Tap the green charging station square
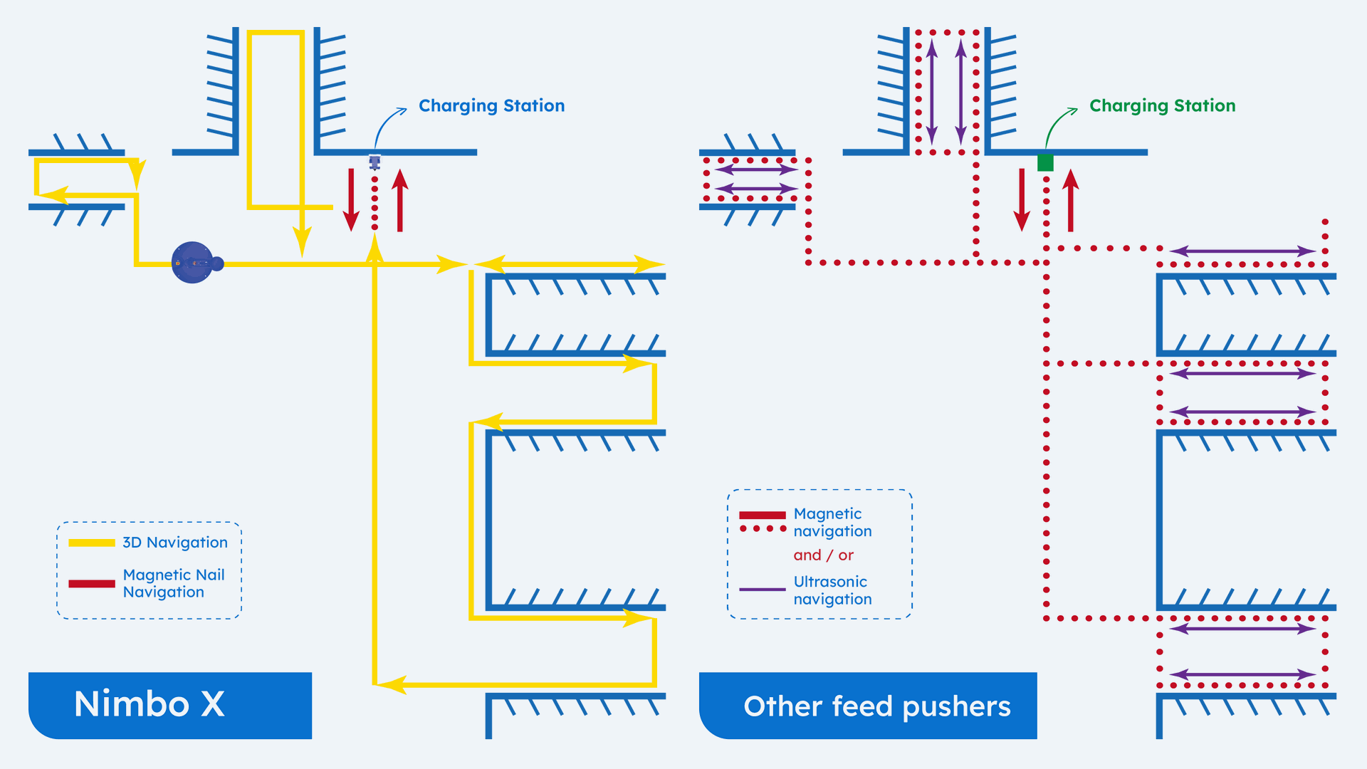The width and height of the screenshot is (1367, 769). [1045, 162]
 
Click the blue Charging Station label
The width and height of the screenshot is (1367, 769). [491, 105]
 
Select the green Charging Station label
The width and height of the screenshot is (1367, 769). [1162, 105]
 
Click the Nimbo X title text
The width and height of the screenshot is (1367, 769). [150, 704]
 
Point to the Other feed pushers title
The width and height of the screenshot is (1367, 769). [876, 706]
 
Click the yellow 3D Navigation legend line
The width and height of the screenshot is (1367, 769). [92, 543]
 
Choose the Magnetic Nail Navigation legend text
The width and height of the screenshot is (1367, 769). [174, 583]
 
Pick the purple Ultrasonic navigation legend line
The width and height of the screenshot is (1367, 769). [762, 590]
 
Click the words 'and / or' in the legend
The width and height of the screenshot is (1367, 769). [823, 555]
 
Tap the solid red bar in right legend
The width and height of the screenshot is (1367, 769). [762, 515]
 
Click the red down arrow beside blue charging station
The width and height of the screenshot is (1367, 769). [351, 200]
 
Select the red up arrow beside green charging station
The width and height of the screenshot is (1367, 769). [1071, 200]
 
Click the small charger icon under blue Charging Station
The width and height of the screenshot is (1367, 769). [375, 162]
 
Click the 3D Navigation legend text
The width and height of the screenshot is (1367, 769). [175, 543]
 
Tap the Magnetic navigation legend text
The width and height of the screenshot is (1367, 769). [832, 523]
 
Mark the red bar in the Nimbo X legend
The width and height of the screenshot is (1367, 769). [92, 584]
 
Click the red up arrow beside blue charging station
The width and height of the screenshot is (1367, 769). [400, 200]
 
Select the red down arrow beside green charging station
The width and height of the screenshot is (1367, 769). [1022, 200]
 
